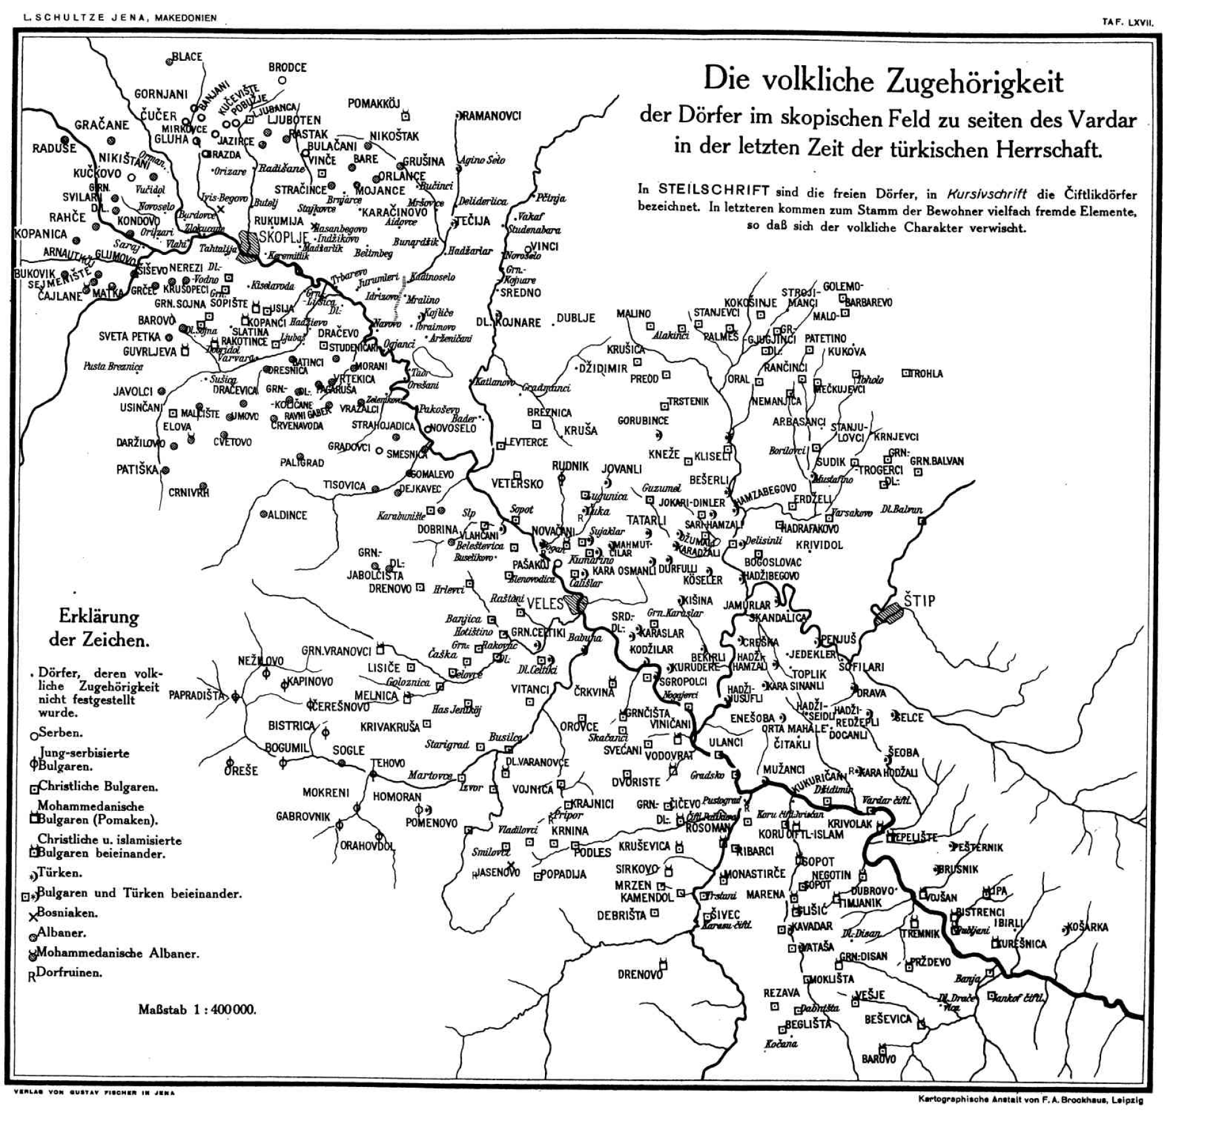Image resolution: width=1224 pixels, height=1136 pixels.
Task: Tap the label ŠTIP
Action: (919, 601)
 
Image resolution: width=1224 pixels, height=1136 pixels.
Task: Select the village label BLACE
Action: (187, 56)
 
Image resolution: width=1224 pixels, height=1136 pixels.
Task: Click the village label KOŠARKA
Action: (1087, 928)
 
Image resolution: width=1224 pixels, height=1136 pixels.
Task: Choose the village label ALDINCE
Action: (287, 515)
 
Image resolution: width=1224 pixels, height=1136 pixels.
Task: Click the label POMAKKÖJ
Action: (374, 104)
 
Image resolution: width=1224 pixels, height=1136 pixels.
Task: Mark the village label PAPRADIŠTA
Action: (196, 695)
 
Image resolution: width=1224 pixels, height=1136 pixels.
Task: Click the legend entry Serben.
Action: (60, 733)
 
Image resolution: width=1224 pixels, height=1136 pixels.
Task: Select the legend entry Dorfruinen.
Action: (68, 972)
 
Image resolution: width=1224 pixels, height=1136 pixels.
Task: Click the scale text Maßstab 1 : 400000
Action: (197, 1009)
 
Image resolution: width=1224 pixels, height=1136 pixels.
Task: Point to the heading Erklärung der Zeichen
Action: (99, 628)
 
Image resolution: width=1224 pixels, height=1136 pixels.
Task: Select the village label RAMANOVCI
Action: (490, 116)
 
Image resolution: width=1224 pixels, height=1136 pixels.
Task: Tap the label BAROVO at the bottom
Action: (878, 1058)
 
